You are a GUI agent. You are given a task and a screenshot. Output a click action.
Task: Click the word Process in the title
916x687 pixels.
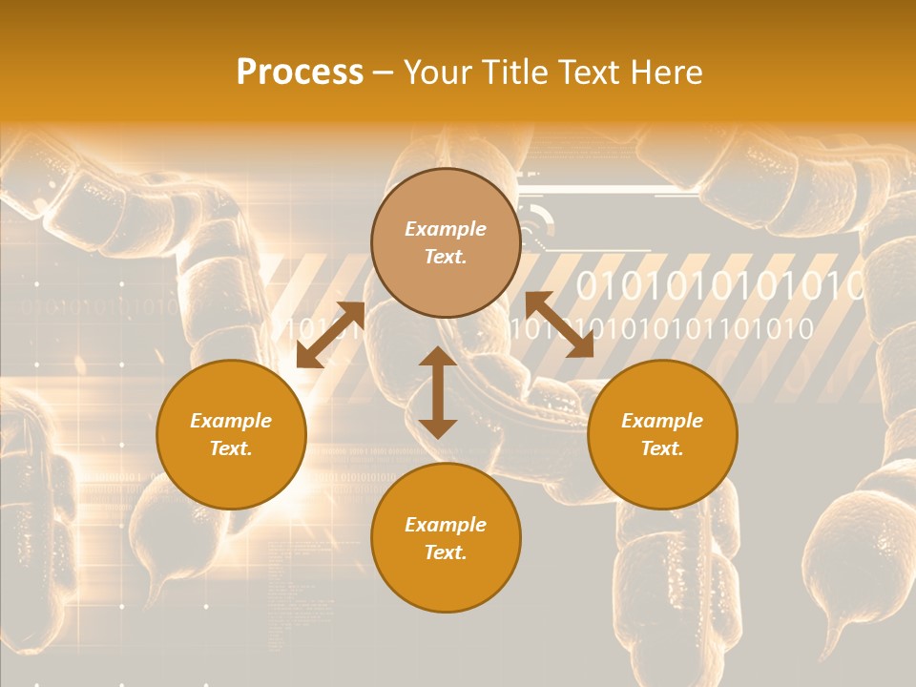[300, 73]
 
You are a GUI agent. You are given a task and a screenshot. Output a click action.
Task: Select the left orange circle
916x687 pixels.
[231, 434]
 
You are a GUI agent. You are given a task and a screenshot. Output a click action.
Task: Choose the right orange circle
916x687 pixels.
[661, 434]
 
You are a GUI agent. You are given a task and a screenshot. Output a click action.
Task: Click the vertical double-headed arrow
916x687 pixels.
[438, 392]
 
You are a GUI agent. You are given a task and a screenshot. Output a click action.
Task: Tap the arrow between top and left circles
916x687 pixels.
[331, 334]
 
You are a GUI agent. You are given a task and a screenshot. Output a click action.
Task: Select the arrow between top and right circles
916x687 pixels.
[559, 324]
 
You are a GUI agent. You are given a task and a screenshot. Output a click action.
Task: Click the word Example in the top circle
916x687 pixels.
[446, 229]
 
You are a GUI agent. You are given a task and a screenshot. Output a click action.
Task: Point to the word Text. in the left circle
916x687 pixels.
[231, 448]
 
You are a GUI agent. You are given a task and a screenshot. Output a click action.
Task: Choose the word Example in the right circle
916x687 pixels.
[661, 421]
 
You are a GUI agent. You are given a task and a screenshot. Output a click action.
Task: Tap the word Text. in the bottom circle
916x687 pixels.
[446, 552]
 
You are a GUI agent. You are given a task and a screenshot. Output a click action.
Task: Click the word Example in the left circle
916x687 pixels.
[231, 421]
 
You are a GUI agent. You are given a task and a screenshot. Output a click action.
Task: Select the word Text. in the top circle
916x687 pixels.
[446, 257]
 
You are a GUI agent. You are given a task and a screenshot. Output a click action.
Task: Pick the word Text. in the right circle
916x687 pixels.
[661, 448]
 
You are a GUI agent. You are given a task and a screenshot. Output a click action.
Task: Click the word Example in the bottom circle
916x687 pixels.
[446, 525]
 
